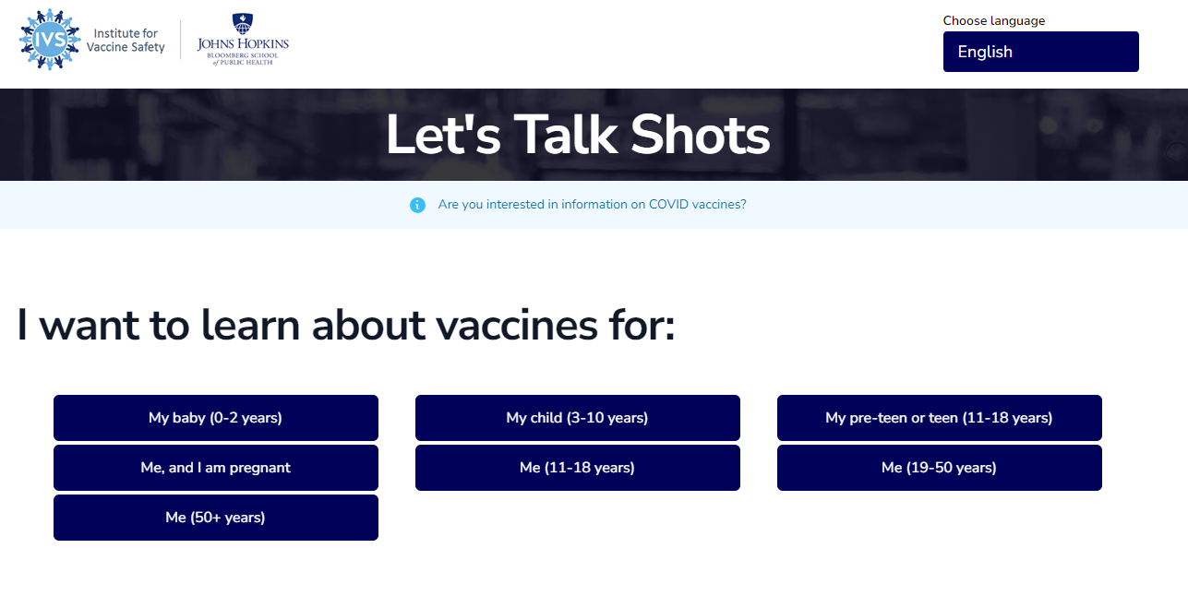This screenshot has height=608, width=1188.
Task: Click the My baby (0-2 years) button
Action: pos(215,418)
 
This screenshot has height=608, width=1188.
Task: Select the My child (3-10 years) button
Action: pos(577,418)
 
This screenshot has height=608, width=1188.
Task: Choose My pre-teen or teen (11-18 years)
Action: pos(939,418)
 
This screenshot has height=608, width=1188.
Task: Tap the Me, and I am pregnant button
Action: pos(215,468)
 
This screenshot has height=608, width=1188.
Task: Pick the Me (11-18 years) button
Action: pos(577,468)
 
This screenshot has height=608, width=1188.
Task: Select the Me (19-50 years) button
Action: pos(939,468)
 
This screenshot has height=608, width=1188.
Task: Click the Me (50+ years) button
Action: pos(215,518)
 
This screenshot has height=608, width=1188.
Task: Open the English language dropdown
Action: pos(1040,52)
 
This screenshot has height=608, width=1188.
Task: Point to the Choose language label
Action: pos(993,20)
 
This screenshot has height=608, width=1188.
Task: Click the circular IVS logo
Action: pos(50,40)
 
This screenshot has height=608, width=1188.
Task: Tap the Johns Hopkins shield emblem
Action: pos(242,23)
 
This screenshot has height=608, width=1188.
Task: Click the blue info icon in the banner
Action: pos(417,205)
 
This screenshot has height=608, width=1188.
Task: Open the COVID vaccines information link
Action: pos(592,205)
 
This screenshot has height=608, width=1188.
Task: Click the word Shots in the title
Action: pos(700,136)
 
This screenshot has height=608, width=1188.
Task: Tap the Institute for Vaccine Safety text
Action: pos(126,41)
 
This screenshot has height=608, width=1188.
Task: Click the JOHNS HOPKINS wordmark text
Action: pos(243,43)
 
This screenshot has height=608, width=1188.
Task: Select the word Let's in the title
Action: pos(442,136)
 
